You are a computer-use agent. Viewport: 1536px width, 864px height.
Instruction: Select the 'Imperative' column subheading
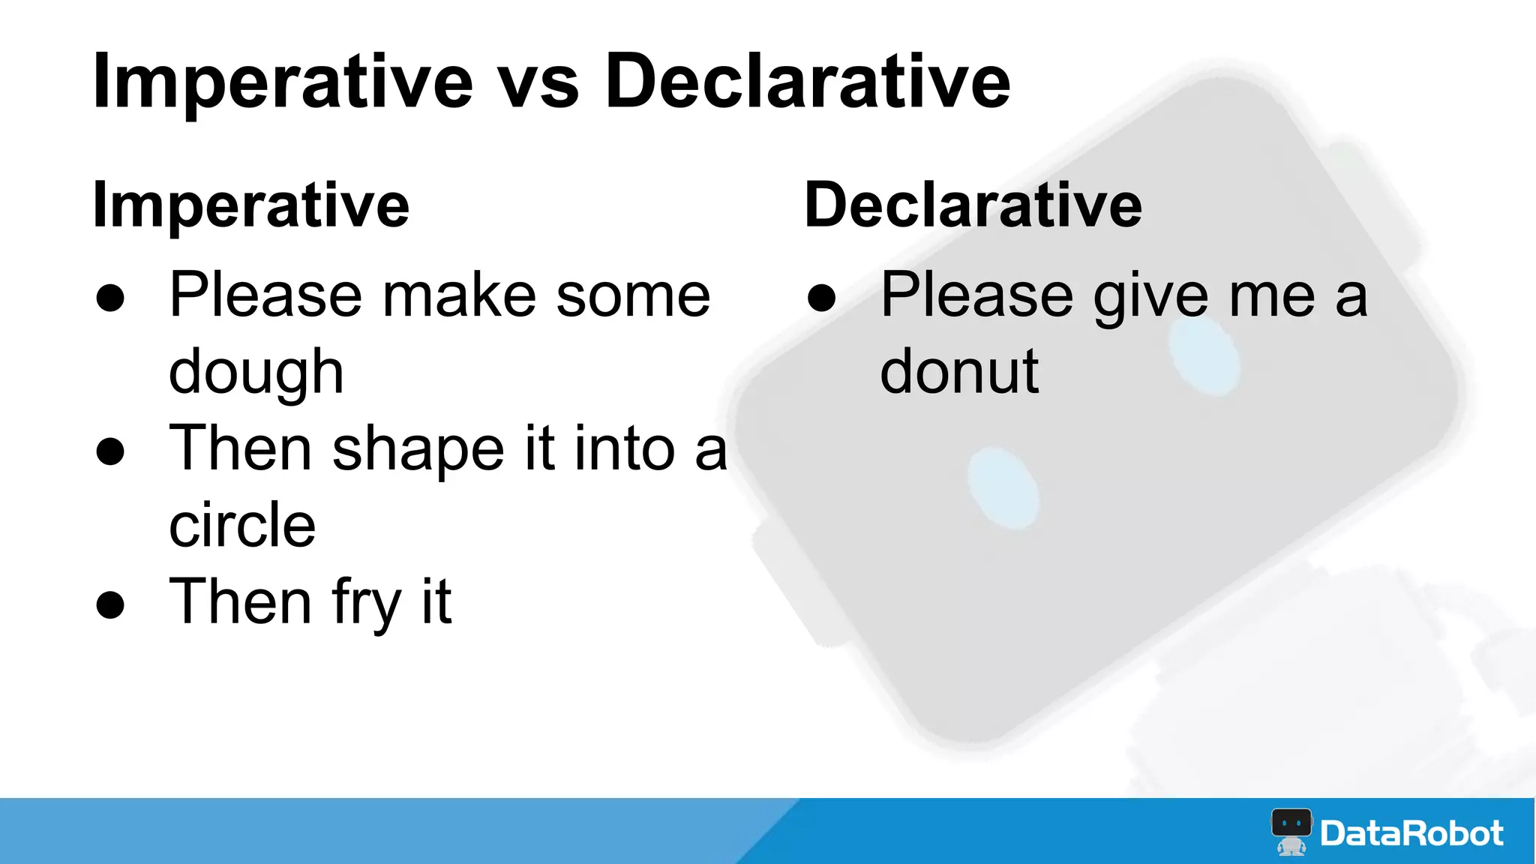click(250, 205)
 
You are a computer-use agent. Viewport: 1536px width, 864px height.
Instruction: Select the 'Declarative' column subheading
click(973, 205)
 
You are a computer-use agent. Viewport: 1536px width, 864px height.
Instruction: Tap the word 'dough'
click(256, 373)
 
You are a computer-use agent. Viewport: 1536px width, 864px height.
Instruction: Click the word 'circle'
click(242, 525)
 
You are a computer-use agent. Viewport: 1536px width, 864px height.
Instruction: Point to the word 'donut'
click(959, 372)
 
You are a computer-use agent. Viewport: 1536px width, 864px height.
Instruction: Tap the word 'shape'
click(418, 450)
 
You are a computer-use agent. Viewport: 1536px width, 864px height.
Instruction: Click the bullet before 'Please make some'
click(110, 298)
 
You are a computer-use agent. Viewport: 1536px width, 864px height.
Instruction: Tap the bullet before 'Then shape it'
click(110, 451)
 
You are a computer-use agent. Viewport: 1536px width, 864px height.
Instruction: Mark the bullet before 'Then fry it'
click(110, 604)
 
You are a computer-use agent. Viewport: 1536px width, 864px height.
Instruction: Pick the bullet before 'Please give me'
click(821, 298)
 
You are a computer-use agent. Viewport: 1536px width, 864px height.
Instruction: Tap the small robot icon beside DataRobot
click(1291, 831)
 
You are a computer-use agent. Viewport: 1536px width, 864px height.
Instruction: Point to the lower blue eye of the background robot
click(1002, 487)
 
